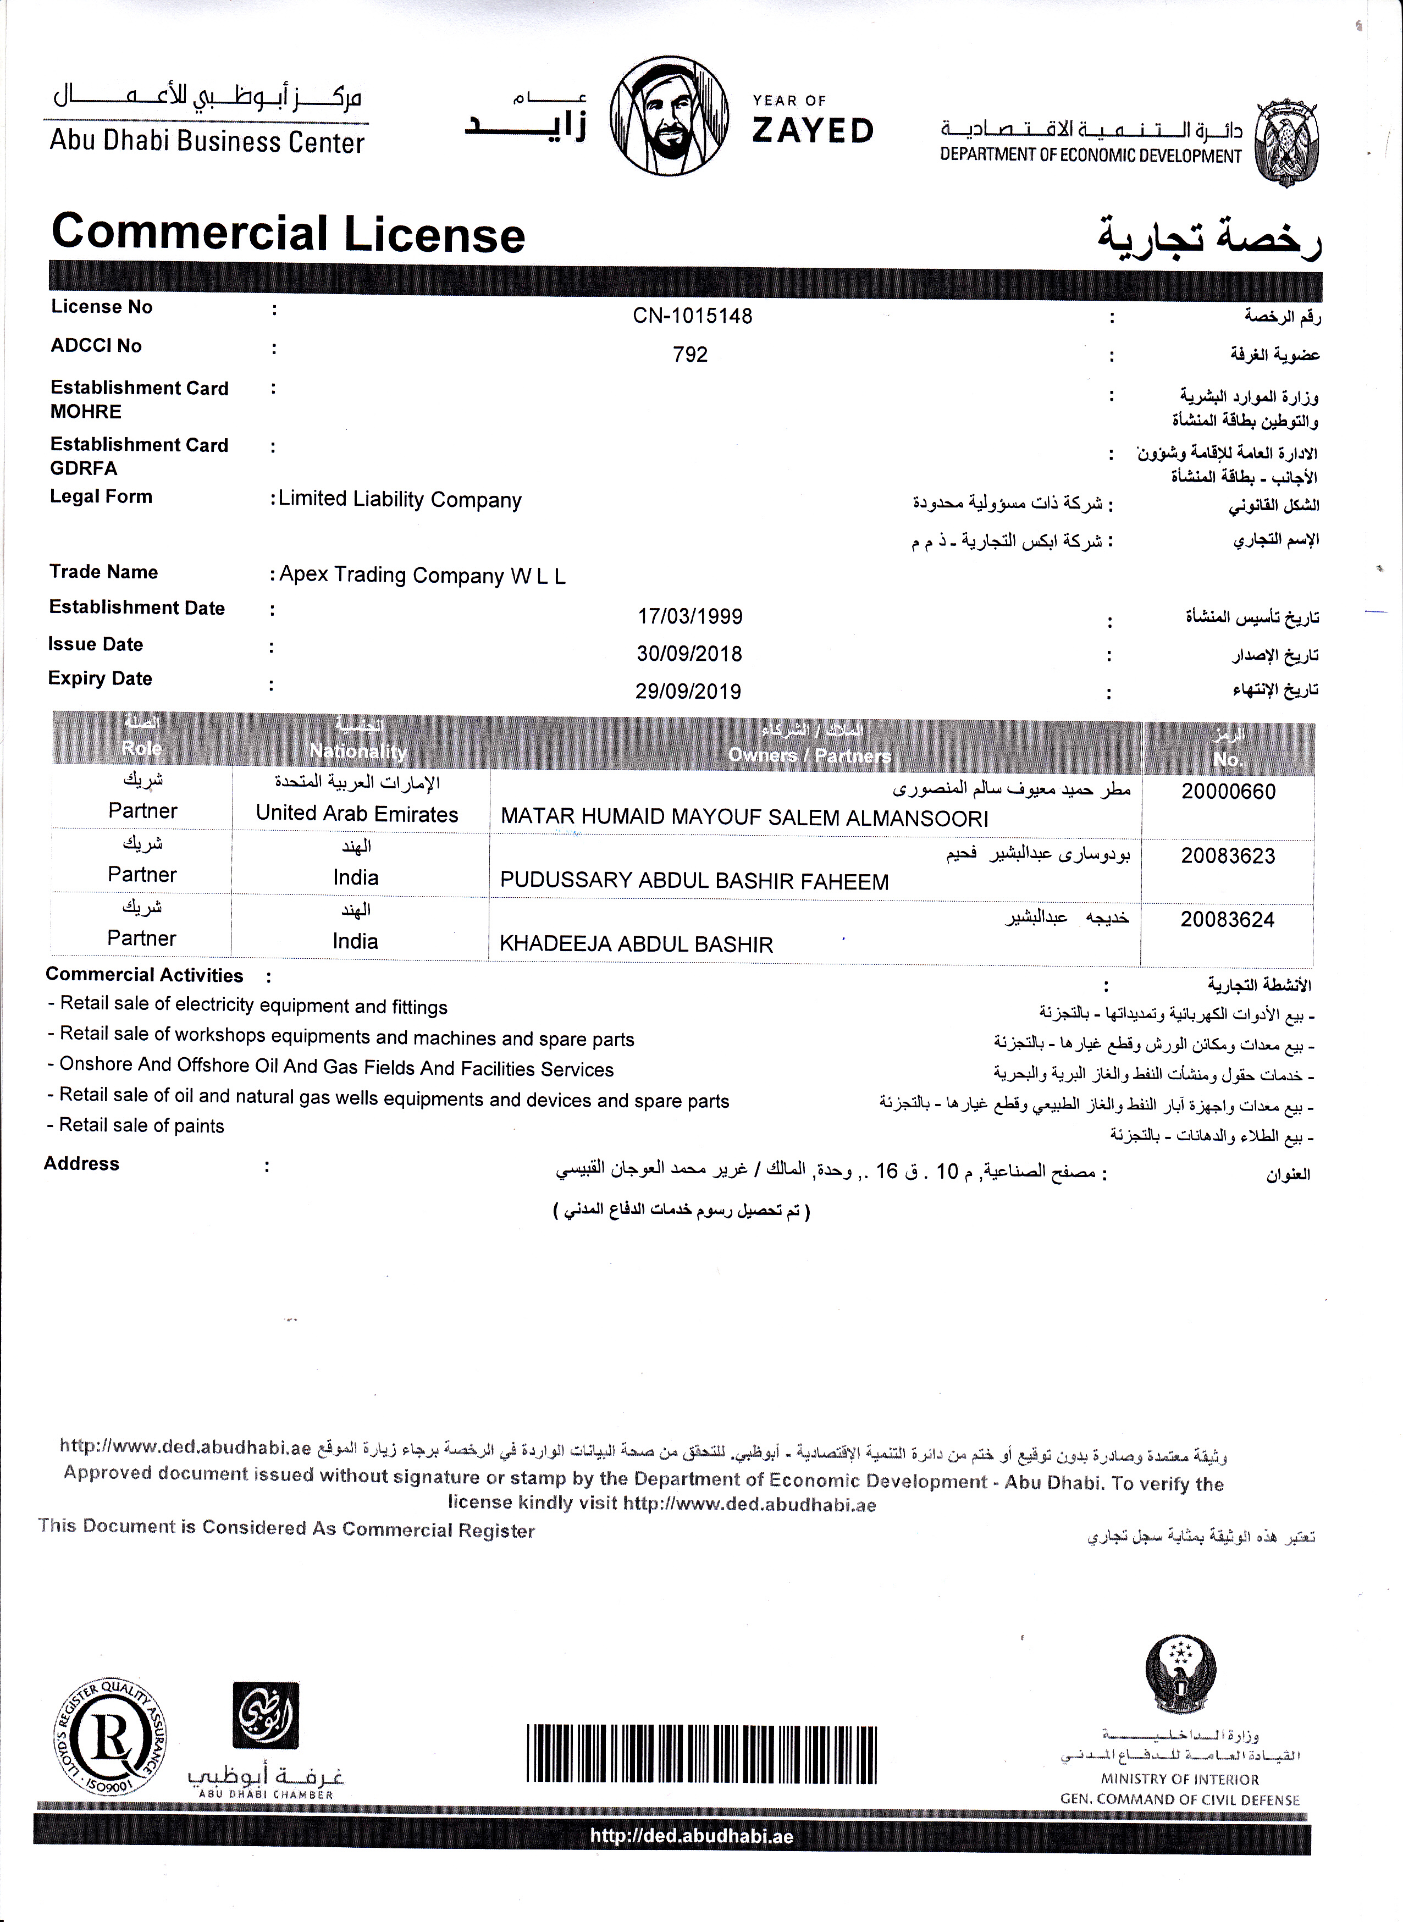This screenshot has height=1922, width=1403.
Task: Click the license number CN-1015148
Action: [692, 316]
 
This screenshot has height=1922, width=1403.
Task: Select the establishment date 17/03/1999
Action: [689, 617]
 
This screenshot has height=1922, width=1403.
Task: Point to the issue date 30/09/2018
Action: [689, 654]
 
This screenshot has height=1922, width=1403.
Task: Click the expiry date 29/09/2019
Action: [688, 692]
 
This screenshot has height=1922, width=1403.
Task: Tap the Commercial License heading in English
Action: [288, 234]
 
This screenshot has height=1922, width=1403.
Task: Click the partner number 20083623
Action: [1227, 856]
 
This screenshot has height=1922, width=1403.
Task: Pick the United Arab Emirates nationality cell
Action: [357, 814]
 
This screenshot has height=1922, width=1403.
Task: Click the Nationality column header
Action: [357, 751]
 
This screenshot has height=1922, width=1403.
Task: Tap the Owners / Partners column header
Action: [809, 755]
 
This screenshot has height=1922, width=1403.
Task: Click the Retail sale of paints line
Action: [141, 1125]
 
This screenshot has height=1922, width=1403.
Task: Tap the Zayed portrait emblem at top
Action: [669, 115]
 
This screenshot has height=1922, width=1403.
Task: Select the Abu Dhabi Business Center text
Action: [207, 141]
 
